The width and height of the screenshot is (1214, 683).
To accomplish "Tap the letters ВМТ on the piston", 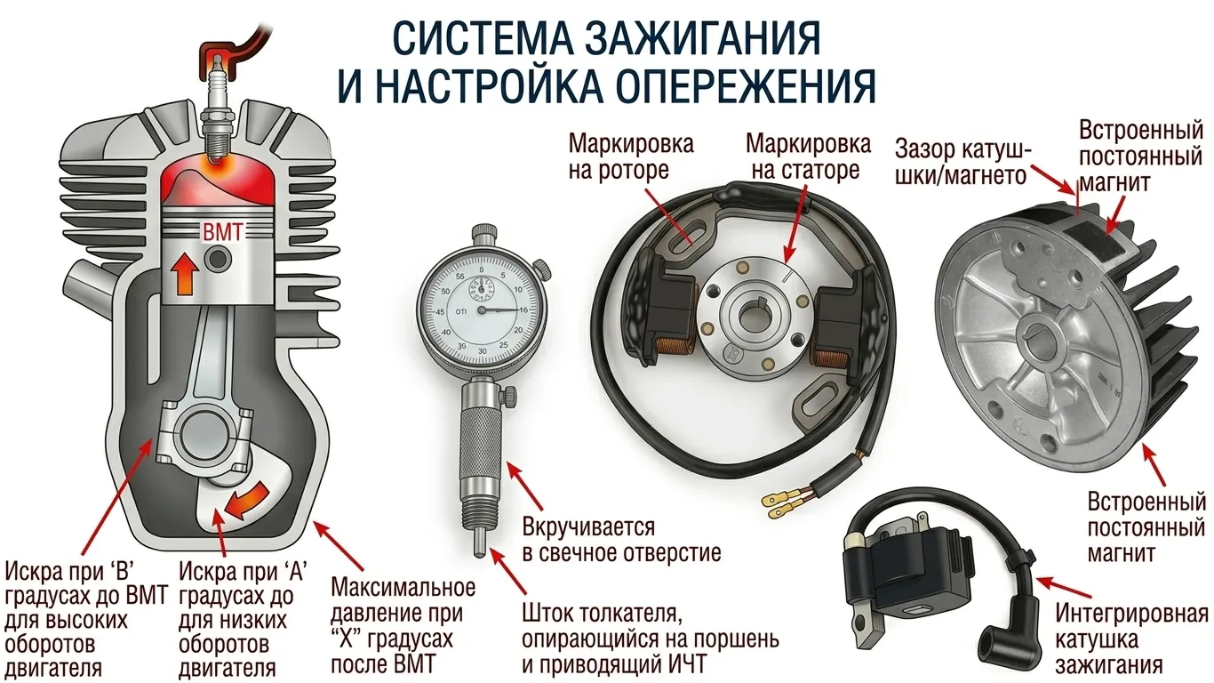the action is (x=222, y=232).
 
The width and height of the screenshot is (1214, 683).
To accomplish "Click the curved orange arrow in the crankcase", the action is (x=246, y=500).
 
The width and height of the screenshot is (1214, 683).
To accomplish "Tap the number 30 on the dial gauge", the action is (x=483, y=351).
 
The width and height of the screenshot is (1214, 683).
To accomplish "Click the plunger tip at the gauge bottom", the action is (x=479, y=543).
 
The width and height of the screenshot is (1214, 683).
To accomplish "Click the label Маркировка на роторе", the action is (x=631, y=157).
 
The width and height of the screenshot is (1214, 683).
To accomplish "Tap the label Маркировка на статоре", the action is (x=808, y=157).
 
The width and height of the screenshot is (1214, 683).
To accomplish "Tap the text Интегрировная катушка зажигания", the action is (x=1131, y=640).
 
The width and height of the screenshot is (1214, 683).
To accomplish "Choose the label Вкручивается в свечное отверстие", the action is (x=621, y=540).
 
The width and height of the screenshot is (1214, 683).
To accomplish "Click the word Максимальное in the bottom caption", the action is (x=403, y=588).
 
